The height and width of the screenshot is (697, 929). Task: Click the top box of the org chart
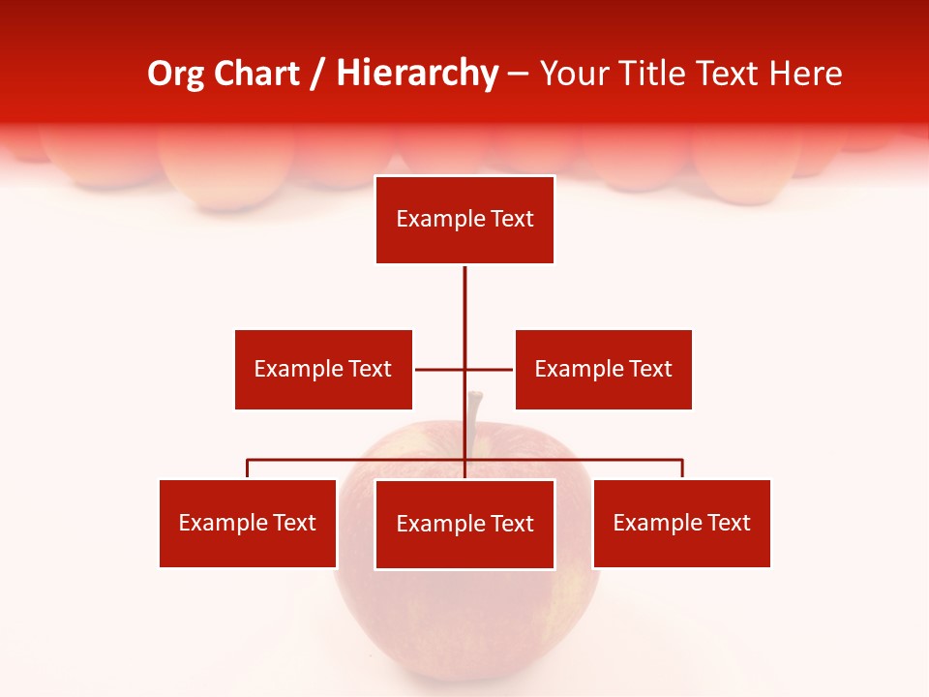coord(464,220)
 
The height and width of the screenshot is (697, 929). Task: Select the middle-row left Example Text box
coord(323,369)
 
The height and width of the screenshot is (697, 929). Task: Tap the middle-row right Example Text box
coord(603,369)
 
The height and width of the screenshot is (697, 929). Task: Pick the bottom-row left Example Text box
coord(248,523)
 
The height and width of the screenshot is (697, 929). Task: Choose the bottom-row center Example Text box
coord(464,524)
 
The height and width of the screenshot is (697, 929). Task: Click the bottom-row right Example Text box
coord(681,523)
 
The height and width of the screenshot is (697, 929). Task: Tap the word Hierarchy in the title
coord(417,74)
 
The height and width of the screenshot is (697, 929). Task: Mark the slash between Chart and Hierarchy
coord(317,74)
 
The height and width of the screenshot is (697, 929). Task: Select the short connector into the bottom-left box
coord(248,469)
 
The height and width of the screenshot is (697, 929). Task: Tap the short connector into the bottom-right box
coord(682,469)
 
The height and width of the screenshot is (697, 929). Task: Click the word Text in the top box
coord(512,220)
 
